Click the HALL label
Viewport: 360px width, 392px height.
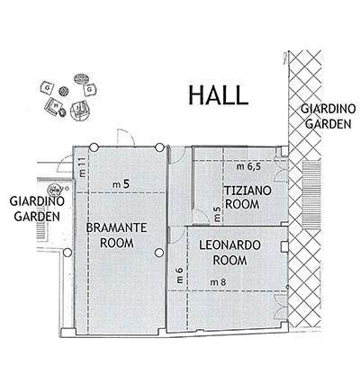[x=219, y=95]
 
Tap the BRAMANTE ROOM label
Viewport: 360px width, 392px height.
[x=117, y=236]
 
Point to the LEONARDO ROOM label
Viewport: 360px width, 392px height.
[x=229, y=253]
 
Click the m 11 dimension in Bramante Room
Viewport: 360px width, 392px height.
[x=83, y=167]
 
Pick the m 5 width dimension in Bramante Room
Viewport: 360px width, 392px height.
[x=121, y=184]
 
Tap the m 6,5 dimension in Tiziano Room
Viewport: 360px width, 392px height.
[x=249, y=167]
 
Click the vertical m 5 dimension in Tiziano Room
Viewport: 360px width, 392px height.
[x=217, y=215]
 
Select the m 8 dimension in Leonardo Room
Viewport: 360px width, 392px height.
[x=218, y=281]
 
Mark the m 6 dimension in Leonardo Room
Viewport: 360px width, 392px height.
[x=179, y=275]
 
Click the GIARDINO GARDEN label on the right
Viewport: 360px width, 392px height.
[x=328, y=116]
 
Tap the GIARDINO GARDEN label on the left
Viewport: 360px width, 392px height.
[x=37, y=209]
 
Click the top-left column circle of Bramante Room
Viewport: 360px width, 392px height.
[x=94, y=147]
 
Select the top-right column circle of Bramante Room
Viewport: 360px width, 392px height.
[x=160, y=147]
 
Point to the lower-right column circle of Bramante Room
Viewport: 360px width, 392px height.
[x=159, y=253]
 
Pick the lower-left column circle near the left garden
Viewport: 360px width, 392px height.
[x=67, y=253]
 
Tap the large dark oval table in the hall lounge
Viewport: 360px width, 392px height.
[x=81, y=78]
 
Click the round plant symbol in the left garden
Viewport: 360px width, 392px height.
[x=54, y=190]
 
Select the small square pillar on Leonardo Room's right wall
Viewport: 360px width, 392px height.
[x=284, y=246]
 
